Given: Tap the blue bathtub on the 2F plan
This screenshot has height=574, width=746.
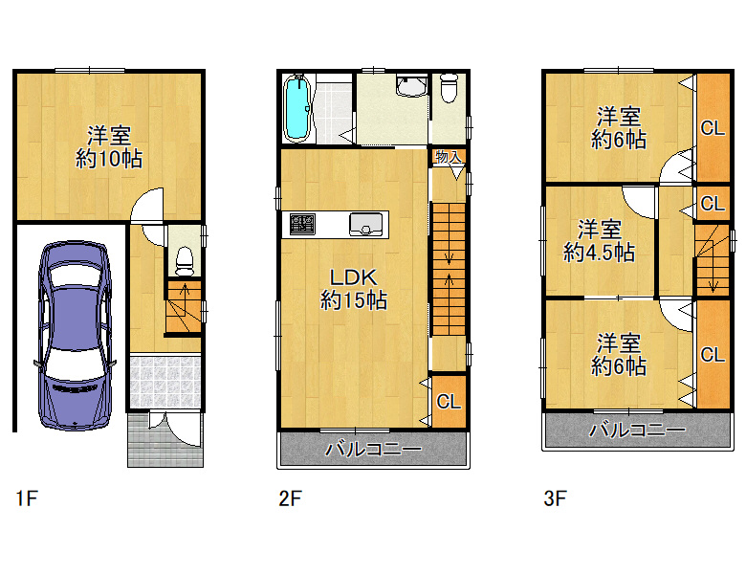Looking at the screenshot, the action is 297,108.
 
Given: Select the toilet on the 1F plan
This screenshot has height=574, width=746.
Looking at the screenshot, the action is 185,261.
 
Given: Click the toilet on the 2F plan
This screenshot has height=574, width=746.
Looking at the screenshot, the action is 449,88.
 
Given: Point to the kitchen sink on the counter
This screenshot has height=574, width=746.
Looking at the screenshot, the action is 365,225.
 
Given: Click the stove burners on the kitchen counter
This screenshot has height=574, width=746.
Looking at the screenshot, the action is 302,225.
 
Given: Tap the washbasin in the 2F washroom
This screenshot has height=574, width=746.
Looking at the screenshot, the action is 411,86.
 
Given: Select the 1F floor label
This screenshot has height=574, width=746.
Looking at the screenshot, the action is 27,498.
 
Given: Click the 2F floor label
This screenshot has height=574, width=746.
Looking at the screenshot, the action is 290,498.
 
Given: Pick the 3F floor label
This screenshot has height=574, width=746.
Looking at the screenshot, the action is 555,498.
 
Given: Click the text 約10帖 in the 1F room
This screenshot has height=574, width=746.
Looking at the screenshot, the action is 109,159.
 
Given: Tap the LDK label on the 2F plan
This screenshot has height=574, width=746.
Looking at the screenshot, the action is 354,277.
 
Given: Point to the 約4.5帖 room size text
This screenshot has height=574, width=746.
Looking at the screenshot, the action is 599,253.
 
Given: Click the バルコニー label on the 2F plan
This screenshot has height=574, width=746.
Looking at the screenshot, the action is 373,449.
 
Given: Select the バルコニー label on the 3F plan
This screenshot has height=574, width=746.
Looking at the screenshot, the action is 638,430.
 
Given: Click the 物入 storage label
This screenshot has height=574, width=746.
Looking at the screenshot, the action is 449,157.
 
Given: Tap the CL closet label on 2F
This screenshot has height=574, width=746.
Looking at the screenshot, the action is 449,402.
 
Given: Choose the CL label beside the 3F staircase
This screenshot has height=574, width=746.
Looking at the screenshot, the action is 713,204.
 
